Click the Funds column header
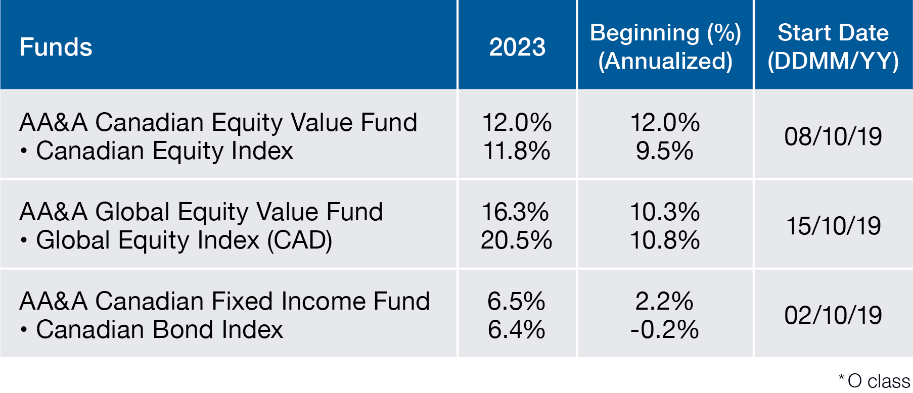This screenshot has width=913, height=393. click(x=56, y=47)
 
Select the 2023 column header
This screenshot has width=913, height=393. click(x=517, y=47)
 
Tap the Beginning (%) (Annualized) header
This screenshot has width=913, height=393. click(x=665, y=47)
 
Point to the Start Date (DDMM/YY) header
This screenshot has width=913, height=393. click(x=833, y=47)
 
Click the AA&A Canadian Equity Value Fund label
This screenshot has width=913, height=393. click(x=218, y=122)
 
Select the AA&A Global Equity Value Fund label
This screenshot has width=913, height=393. click(x=201, y=212)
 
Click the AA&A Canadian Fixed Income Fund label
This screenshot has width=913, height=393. click(x=224, y=301)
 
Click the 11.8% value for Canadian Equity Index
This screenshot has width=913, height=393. click(x=517, y=151)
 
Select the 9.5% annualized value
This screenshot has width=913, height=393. click(x=664, y=151)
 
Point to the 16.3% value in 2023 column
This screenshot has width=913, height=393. click(x=516, y=212)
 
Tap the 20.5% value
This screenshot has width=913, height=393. click(x=517, y=240)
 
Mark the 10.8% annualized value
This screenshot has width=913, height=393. click(x=665, y=240)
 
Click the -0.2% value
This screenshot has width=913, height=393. click(x=664, y=329)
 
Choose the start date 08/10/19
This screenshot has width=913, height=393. click(x=833, y=136)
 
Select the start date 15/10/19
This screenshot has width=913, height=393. click(x=833, y=226)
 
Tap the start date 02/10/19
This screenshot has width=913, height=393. click(x=833, y=315)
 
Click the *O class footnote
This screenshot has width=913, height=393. click(x=874, y=380)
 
